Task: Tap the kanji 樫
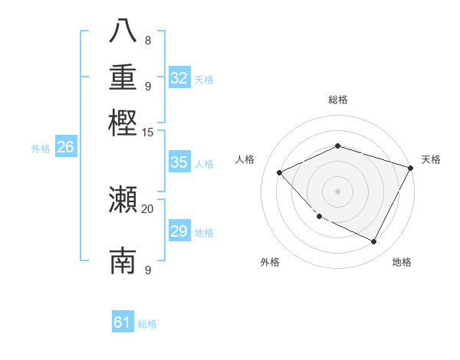coord(123,121)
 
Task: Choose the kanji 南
coord(123,261)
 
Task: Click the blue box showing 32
coord(179,77)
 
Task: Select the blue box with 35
coord(179,162)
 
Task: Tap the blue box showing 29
coord(179,231)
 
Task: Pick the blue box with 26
coord(65,148)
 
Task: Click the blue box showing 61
coord(123,322)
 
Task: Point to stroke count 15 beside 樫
coord(147,132)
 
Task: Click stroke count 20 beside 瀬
coord(147,208)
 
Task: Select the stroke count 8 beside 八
coord(148,40)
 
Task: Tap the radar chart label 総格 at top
coord(337,100)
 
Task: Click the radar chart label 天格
coord(431,159)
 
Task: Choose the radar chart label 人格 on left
coord(245,159)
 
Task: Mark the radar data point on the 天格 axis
coord(410,167)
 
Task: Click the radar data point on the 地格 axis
coord(374,242)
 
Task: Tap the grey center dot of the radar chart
coord(337,191)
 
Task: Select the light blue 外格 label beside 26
coord(40,149)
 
